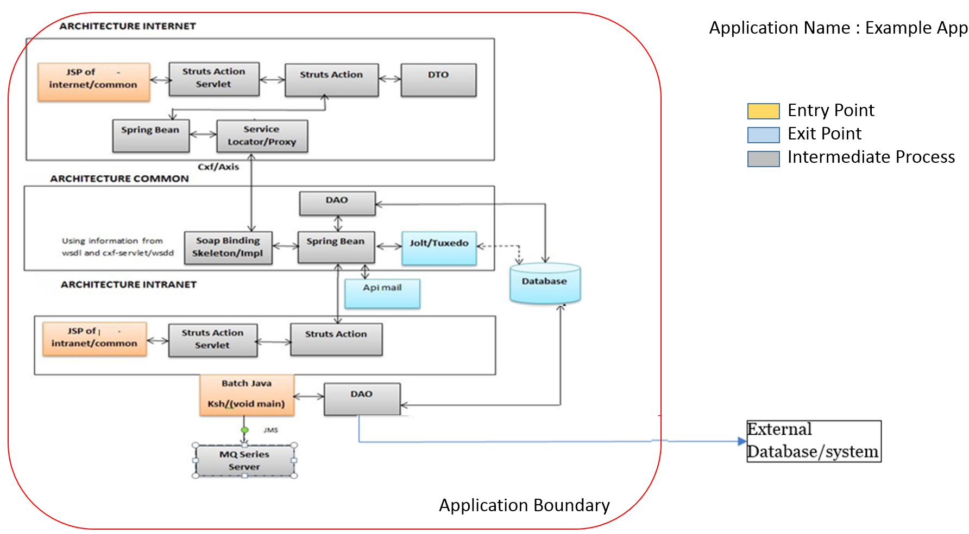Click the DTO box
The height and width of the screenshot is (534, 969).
[x=438, y=80]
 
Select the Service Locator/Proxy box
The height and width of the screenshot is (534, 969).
[x=262, y=136]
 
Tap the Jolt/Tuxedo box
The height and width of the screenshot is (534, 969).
[x=439, y=248]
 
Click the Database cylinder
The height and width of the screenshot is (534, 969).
[x=545, y=283]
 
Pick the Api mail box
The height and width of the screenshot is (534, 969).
[x=382, y=294]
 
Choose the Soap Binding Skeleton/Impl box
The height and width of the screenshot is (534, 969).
[x=228, y=247]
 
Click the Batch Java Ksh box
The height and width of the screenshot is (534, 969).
[x=247, y=395]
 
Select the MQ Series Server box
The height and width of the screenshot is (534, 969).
[x=244, y=461]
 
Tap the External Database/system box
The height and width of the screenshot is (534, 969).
[x=814, y=441]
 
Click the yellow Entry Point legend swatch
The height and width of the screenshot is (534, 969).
[x=763, y=111]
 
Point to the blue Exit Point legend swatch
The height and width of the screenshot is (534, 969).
[x=763, y=135]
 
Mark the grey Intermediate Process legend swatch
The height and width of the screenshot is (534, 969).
[x=763, y=158]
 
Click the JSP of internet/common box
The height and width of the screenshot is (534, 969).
[x=93, y=82]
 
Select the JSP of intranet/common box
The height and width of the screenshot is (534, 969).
[x=95, y=339]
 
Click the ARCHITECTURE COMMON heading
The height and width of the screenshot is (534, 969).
[x=119, y=179]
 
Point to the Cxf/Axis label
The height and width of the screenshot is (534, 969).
[x=218, y=167]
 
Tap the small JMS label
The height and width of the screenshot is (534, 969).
[x=270, y=430]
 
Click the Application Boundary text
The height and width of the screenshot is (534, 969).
[x=524, y=505]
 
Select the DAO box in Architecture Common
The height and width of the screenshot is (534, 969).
[x=337, y=203]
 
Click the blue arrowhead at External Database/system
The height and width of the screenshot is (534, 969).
[x=743, y=441]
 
